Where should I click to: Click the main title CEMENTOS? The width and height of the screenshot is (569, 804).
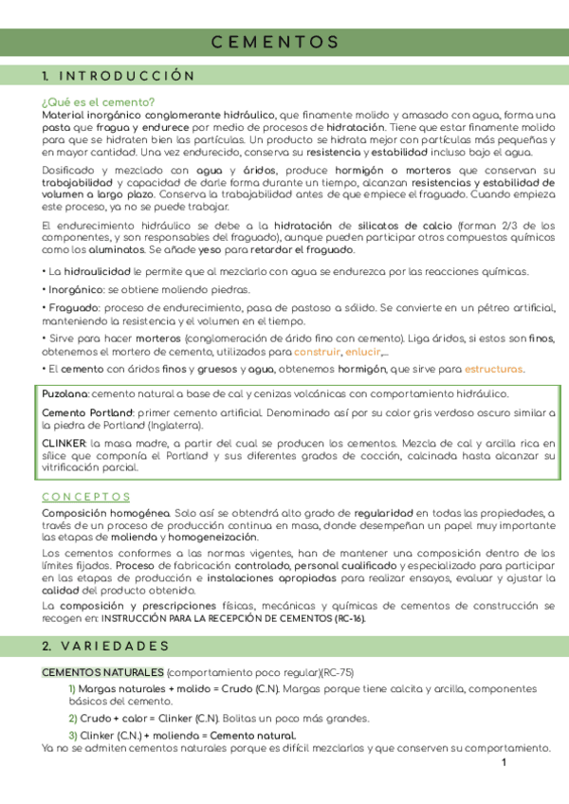click(274, 42)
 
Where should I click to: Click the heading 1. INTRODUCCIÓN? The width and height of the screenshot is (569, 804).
click(119, 76)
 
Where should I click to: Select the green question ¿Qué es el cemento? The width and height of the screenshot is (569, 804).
click(98, 102)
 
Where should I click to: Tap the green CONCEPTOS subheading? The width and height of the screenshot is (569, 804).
click(86, 496)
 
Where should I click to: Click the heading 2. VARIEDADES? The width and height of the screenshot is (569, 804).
click(105, 646)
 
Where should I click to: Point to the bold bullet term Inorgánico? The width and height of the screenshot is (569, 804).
click(74, 289)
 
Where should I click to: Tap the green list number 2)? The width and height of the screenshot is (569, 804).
click(72, 718)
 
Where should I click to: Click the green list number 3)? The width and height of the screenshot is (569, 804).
click(72, 736)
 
